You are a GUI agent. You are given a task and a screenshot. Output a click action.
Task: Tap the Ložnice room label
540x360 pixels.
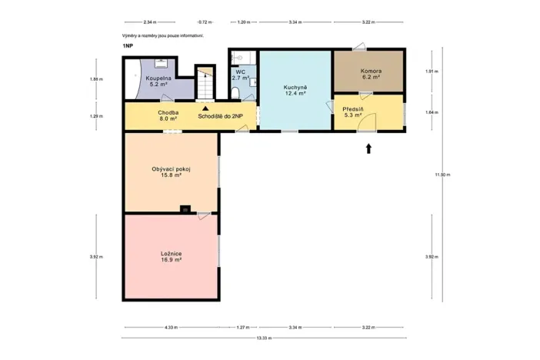click(171, 253)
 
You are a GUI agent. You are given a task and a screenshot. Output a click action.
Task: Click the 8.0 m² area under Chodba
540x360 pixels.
click(168, 119)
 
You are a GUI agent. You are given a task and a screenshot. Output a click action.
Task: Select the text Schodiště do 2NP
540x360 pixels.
click(221, 116)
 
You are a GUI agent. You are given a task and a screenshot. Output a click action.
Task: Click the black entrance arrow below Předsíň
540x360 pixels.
click(368, 148)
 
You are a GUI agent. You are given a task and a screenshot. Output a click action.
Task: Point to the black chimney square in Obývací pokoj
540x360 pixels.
click(185, 208)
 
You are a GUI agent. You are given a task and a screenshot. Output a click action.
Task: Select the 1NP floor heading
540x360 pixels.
click(127, 47)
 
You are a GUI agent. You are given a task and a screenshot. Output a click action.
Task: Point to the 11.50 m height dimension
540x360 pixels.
click(442, 175)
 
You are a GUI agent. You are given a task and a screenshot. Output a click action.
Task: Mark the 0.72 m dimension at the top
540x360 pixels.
click(205, 22)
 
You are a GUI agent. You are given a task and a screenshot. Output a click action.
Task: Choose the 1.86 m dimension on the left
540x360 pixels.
click(95, 79)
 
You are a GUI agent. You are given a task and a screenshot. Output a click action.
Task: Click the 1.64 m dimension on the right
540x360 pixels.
click(431, 112)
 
